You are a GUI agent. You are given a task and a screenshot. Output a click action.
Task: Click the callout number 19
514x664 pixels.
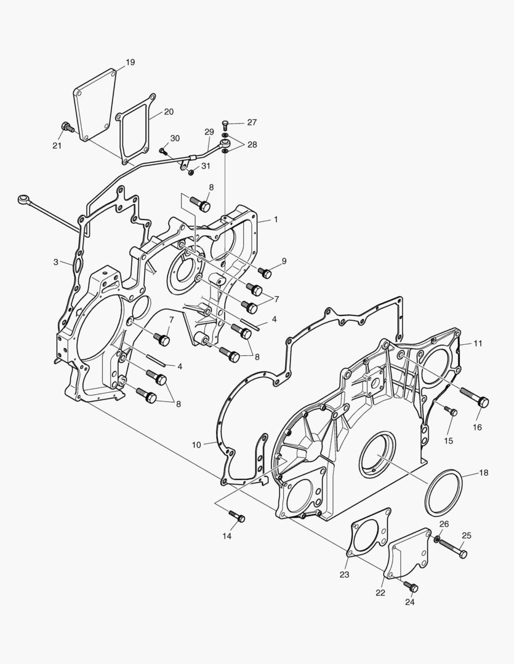pyautogui.click(x=130, y=62)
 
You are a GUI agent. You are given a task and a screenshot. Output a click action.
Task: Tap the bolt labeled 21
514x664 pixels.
pyautogui.click(x=68, y=128)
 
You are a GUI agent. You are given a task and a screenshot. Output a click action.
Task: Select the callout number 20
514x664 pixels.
pyautogui.click(x=169, y=112)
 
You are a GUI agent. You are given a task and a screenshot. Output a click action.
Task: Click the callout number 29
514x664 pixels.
pyautogui.click(x=209, y=132)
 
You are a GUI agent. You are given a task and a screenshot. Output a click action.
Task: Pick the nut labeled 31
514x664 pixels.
pyautogui.click(x=191, y=172)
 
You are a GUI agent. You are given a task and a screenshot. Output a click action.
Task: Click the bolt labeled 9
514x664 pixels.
pyautogui.click(x=266, y=272)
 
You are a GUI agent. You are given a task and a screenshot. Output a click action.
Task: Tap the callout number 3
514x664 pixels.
pyautogui.click(x=55, y=262)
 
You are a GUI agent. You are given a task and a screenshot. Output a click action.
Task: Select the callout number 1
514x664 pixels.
pyautogui.click(x=276, y=219)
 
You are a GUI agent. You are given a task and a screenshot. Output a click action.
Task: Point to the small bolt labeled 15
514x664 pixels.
pyautogui.click(x=451, y=411)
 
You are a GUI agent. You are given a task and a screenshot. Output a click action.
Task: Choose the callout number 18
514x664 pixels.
pyautogui.click(x=483, y=473)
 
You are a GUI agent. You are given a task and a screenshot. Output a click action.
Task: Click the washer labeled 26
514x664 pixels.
pyautogui.click(x=436, y=539)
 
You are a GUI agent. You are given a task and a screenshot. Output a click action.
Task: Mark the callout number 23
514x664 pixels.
pyautogui.click(x=343, y=575)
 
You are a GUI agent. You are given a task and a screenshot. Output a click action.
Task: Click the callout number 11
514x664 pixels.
pyautogui.click(x=478, y=342)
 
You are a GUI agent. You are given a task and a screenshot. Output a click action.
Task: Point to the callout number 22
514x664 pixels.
pyautogui.click(x=380, y=593)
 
